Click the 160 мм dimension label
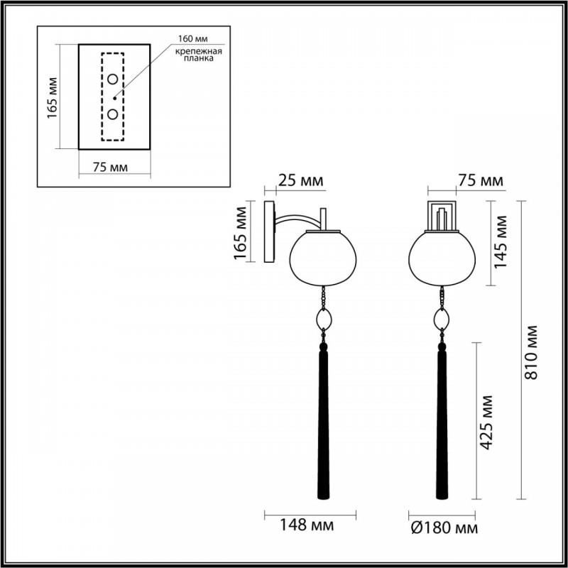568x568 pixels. coord(192,39)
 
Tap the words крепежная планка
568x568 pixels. coord(199,55)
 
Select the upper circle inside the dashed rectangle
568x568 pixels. coord(113,79)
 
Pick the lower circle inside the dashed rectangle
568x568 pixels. coord(113,114)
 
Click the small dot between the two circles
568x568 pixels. coord(115,98)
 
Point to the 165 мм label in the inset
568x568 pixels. coord(52,98)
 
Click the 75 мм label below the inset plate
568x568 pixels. coord(110,168)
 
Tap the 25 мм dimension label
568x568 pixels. coord(300,180)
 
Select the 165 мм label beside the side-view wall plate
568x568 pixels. coord(241,233)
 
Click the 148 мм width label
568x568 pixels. coord(307,525)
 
